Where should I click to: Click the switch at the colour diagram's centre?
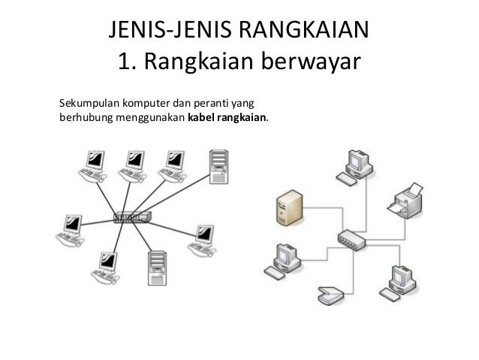coord(351,240)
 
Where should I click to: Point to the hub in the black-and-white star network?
coord(132,217)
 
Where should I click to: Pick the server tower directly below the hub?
coord(157,263)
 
